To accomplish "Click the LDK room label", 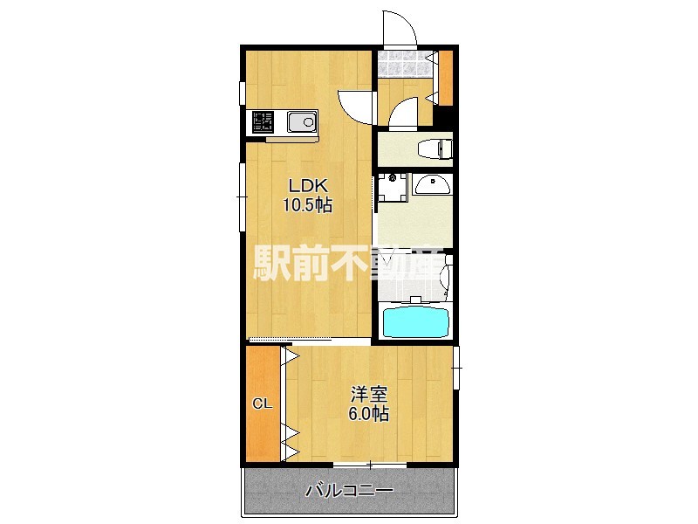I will click(307, 185).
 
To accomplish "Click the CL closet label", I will click(262, 403).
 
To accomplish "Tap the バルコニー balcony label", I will click(349, 491).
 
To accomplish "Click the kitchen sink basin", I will click(301, 122).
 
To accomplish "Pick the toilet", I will click(432, 148).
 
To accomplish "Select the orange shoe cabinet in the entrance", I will click(445, 79).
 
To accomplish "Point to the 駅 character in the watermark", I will click(271, 262).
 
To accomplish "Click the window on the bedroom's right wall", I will click(456, 369).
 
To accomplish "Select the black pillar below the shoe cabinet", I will click(445, 117).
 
